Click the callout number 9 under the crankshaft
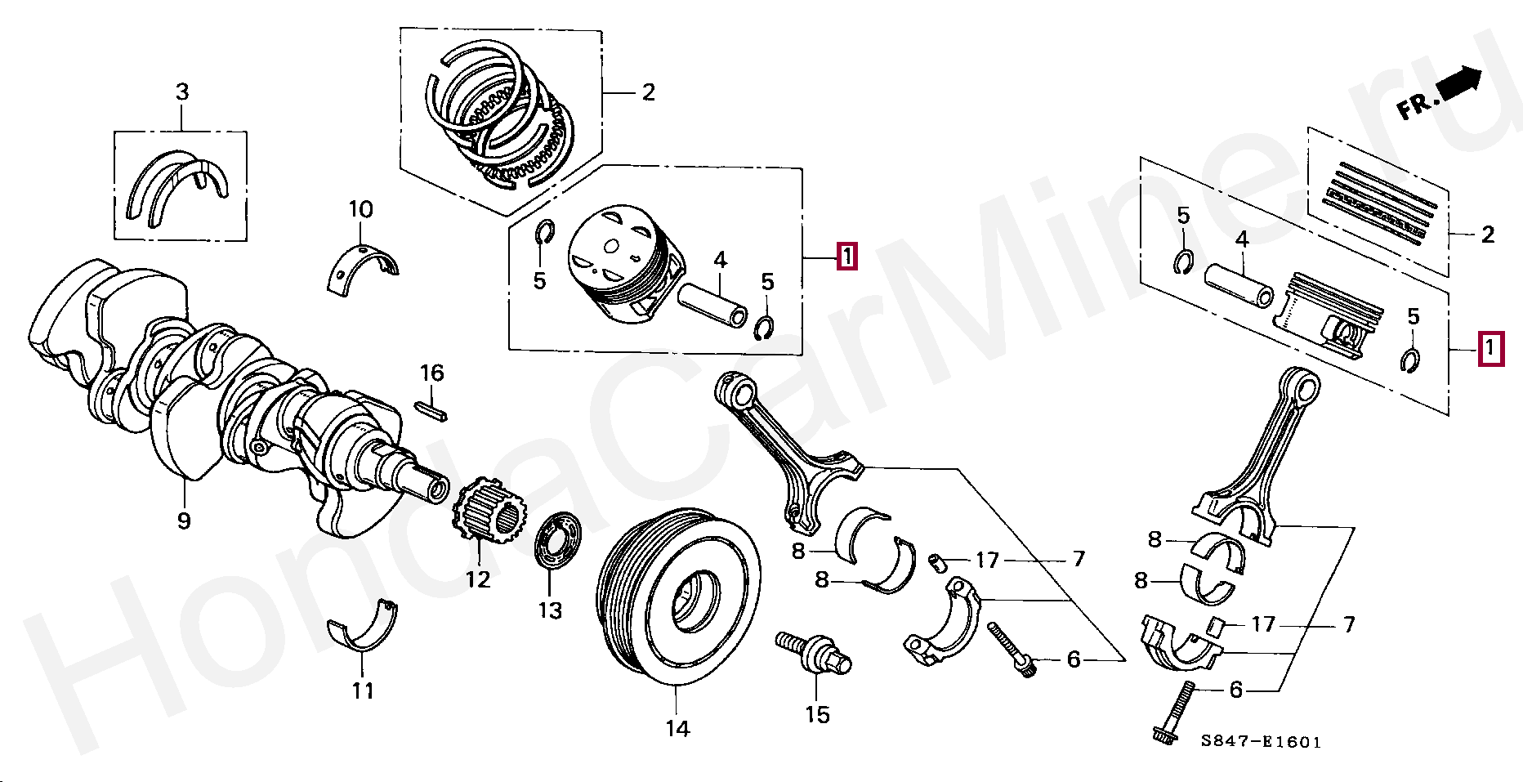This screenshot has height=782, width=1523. (x=184, y=521)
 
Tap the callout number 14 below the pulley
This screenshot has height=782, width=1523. (x=677, y=728)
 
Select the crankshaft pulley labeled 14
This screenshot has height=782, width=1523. (x=678, y=597)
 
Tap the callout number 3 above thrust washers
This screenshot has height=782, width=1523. (x=182, y=92)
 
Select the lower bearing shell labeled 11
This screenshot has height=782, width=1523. (x=362, y=628)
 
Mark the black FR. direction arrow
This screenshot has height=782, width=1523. (x=1459, y=84)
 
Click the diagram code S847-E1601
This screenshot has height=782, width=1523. (x=1261, y=742)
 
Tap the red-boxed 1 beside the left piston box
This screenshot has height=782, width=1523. (x=846, y=257)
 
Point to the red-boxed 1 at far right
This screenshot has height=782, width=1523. (x=1490, y=350)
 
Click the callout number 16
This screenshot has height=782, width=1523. (x=431, y=373)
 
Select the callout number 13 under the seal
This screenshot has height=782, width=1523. (x=550, y=610)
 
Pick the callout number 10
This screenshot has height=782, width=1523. (x=361, y=210)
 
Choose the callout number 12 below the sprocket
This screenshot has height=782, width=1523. (x=478, y=579)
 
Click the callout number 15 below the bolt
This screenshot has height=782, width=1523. (x=817, y=715)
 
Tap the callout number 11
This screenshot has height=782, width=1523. (x=363, y=691)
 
